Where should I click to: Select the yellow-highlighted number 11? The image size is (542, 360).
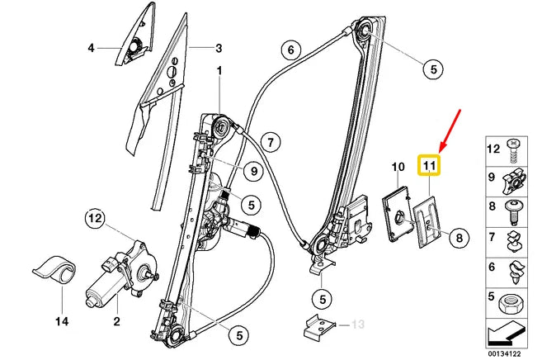429,166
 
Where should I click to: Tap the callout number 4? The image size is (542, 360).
91,48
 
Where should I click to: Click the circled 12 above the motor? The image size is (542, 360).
97,219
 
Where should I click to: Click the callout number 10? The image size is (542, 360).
397,167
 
